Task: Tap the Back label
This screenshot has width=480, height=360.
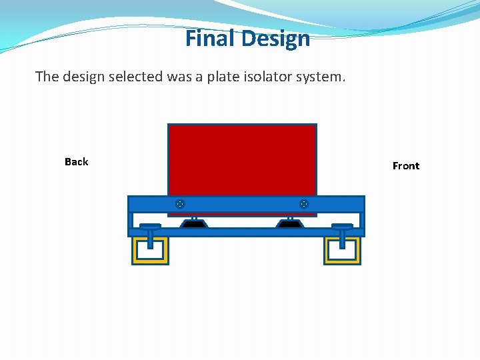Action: click(76, 162)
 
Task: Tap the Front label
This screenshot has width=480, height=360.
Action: click(406, 166)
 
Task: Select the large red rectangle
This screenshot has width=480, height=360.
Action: click(242, 160)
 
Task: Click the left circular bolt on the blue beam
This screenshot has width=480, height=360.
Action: click(180, 203)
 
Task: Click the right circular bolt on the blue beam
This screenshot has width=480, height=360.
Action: click(303, 203)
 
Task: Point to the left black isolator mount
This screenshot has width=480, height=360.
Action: click(193, 224)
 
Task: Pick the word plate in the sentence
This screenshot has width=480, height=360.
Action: click(223, 77)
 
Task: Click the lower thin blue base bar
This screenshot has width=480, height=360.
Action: click(247, 232)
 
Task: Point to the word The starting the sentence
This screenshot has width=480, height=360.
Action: click(47, 77)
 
